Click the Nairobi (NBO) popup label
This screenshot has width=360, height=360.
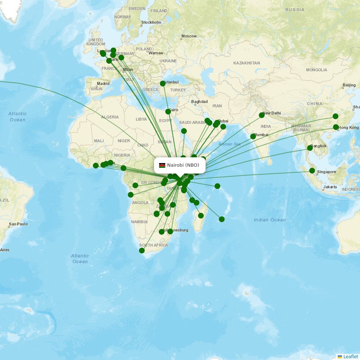pos(183,165)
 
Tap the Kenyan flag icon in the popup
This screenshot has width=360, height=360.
pos(162,165)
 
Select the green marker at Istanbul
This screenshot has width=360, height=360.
pos(162,84)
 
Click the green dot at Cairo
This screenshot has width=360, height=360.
pos(168,111)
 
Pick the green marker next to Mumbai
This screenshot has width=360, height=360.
pos(253,136)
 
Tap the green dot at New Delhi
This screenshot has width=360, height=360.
pos(262,115)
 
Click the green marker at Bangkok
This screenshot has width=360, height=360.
pos(310,148)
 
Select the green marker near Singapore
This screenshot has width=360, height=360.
pos(312,171)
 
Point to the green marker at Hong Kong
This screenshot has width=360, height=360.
pos(336,127)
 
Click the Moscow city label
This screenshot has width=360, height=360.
pos(189,36)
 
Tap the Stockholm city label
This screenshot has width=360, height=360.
pos(151,22)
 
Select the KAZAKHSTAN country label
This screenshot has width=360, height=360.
pos(247,63)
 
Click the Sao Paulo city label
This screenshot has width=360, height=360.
pos(18,224)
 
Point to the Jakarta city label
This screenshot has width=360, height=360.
pos(330,187)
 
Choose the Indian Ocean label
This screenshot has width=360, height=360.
pos(270,220)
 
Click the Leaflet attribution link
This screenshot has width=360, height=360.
pos(350,357)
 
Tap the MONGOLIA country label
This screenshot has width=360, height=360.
pos(316,70)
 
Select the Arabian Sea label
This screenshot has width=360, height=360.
pos(230,144)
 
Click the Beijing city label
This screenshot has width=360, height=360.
pos(349,85)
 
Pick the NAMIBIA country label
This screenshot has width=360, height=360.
pos(139,222)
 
